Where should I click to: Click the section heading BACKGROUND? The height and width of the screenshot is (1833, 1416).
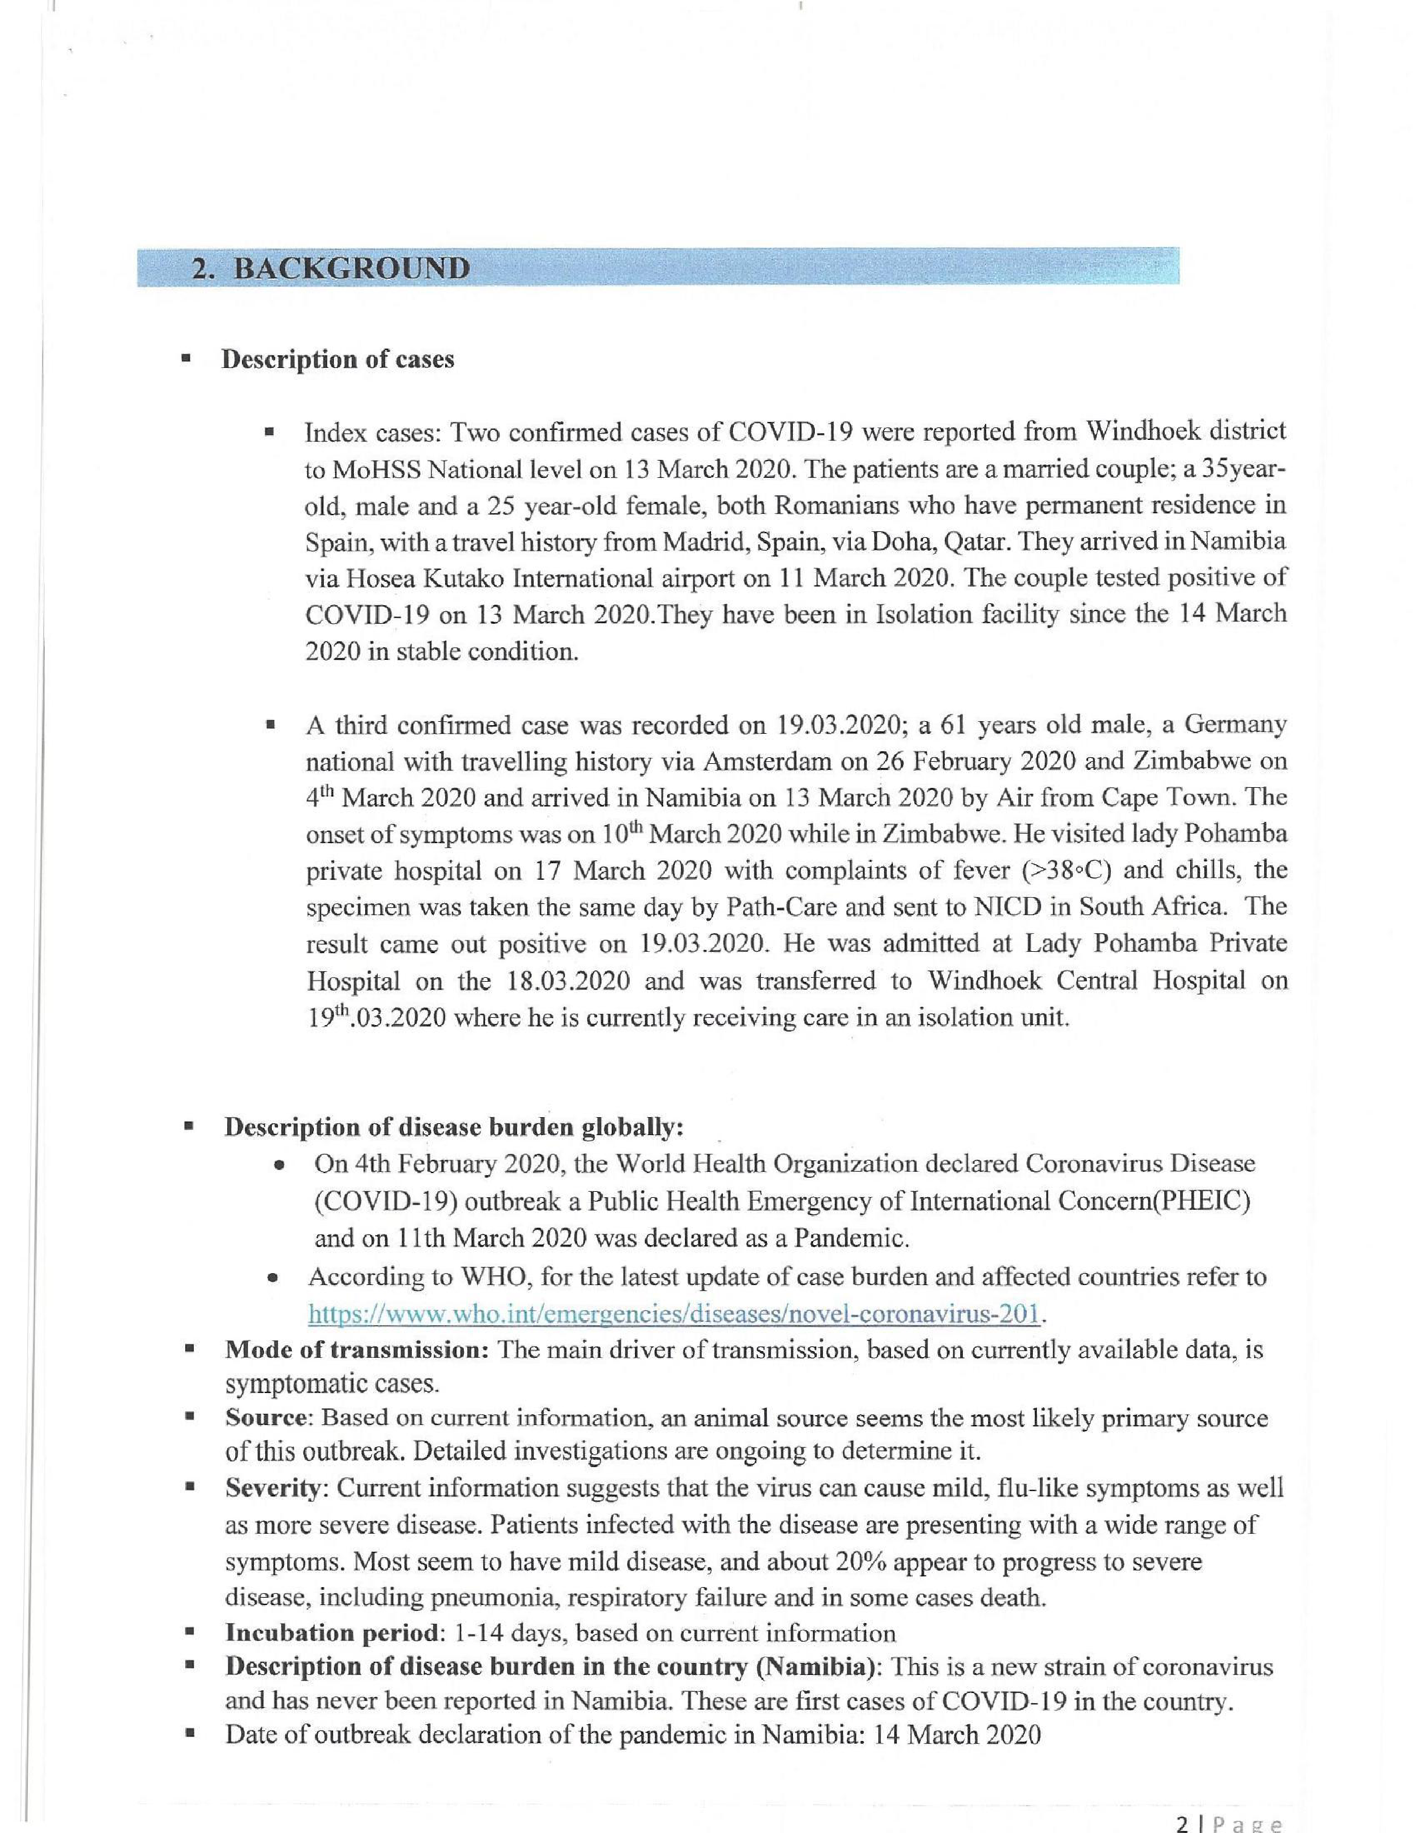point(351,269)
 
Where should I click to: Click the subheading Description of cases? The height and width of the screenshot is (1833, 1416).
point(337,359)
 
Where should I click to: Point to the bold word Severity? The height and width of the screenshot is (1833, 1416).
point(273,1488)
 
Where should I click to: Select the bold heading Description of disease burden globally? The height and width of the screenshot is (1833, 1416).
point(453,1127)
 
